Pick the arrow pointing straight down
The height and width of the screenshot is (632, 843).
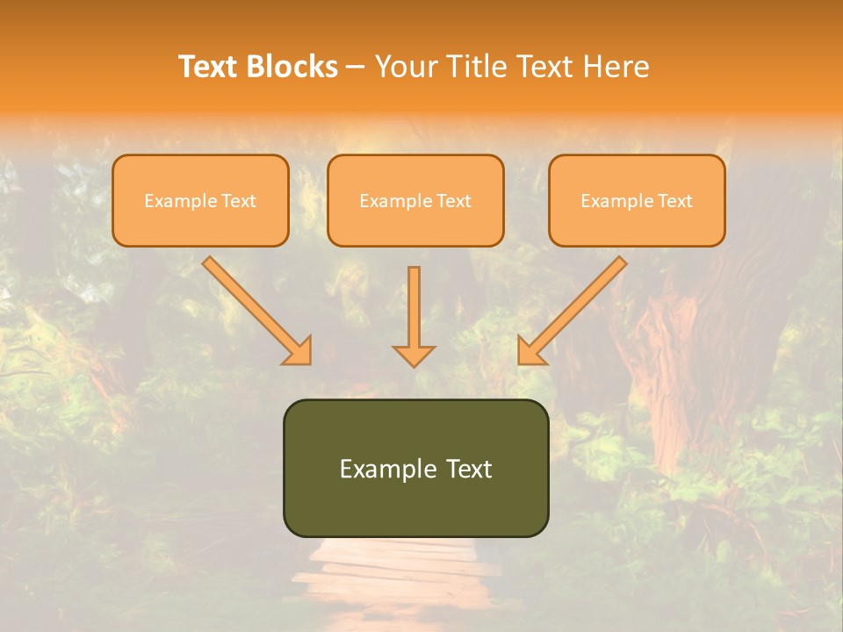point(414,312)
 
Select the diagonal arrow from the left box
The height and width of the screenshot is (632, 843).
point(255,308)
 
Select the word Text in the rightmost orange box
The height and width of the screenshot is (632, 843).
point(674,201)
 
